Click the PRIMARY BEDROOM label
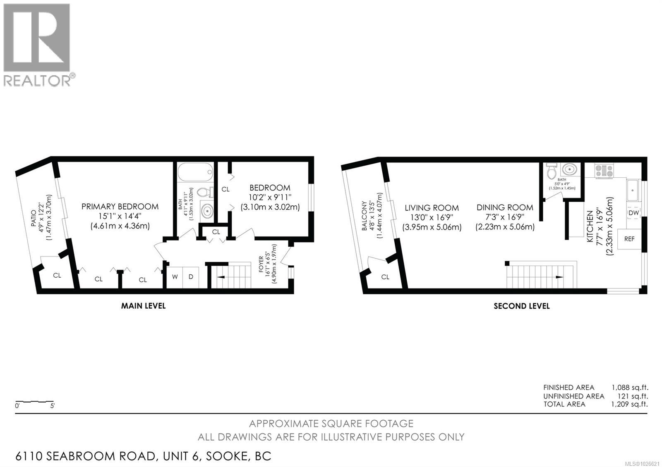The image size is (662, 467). (120, 207)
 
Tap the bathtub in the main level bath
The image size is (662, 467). (195, 172)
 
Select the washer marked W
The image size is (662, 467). (175, 276)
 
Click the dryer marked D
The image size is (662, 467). (191, 276)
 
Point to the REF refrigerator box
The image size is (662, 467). (629, 239)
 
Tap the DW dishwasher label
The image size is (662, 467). (633, 213)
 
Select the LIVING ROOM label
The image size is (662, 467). (431, 208)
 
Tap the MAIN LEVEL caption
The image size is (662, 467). (143, 306)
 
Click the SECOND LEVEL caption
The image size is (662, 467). (521, 306)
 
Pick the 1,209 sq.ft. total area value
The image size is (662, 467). (629, 404)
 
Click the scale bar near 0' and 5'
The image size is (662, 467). (34, 402)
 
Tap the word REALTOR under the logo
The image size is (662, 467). (37, 81)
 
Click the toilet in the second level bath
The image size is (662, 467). (552, 170)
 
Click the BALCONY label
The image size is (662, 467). (364, 216)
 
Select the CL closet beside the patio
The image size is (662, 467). (57, 275)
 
